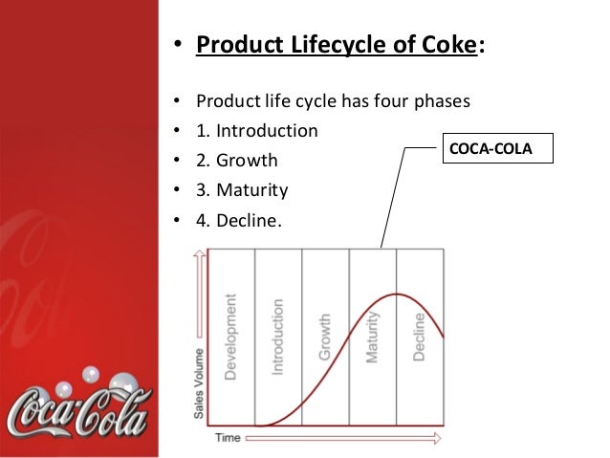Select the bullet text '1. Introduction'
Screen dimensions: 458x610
[x=256, y=129]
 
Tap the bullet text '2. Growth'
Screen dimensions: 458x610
[x=237, y=160]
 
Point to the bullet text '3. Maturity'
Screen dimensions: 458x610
[x=241, y=190]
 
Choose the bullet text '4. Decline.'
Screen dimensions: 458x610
[x=239, y=221]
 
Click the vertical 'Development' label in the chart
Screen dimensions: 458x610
[x=230, y=336]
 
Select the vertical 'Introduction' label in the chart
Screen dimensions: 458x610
[x=277, y=336]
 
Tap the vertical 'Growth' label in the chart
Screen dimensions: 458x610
[x=324, y=337]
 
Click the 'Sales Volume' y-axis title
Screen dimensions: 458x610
[x=198, y=378]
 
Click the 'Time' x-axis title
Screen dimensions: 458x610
[x=228, y=438]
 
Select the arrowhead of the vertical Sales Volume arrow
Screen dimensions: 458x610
[x=199, y=253]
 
